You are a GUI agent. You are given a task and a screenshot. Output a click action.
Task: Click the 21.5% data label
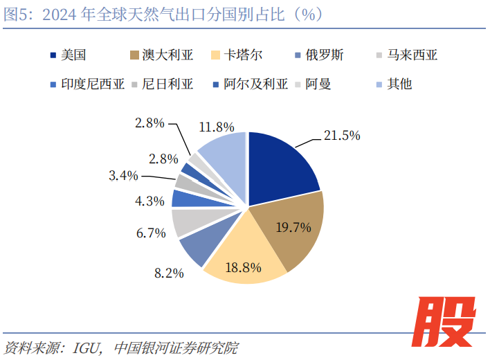pyautogui.click(x=342, y=135)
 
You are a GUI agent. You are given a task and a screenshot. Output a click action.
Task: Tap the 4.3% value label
pyautogui.click(x=150, y=201)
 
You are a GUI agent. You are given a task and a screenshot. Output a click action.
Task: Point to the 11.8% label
pyautogui.click(x=216, y=127)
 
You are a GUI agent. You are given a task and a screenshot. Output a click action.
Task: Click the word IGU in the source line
pyautogui.click(x=88, y=346)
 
